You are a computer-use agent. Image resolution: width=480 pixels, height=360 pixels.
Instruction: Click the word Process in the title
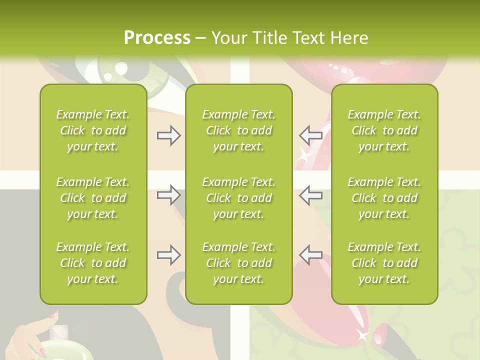(157, 38)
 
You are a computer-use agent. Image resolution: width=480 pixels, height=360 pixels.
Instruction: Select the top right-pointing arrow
(168, 135)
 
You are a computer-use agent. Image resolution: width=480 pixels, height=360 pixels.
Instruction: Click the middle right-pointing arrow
(168, 195)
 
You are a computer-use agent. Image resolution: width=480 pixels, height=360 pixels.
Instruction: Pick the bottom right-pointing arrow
(168, 255)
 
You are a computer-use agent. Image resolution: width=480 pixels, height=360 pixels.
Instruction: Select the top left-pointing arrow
(310, 135)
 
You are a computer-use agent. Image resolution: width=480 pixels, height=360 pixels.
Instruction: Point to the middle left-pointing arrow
(310, 195)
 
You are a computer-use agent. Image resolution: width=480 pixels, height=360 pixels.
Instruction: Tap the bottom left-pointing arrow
(310, 255)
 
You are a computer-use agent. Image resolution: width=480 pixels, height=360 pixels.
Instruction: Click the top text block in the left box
(93, 130)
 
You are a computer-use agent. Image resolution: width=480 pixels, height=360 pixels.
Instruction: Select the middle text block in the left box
(93, 198)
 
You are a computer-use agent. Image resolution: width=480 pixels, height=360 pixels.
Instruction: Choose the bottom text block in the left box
(93, 263)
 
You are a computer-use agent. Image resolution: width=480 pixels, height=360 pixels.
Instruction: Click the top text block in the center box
(239, 130)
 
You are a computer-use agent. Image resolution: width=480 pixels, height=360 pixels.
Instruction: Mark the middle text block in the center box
(239, 198)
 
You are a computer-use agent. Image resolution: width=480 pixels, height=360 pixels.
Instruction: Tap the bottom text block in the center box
(239, 263)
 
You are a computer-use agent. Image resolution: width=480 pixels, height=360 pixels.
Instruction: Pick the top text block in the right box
(384, 130)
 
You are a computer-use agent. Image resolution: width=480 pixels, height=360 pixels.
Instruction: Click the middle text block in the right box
(384, 198)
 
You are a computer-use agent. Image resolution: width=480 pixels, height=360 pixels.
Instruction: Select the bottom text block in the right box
(384, 263)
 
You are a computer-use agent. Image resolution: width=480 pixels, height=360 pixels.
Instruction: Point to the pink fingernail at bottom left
(52, 315)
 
